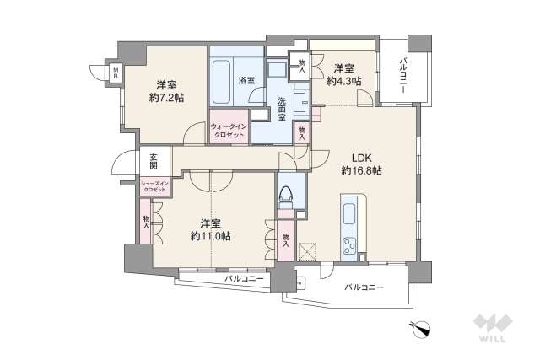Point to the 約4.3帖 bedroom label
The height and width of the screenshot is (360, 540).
pos(345,75)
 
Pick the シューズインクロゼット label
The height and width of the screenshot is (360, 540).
pos(154,186)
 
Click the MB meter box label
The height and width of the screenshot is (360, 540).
pos(116,73)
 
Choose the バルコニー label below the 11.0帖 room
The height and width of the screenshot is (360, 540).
pos(245,278)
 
